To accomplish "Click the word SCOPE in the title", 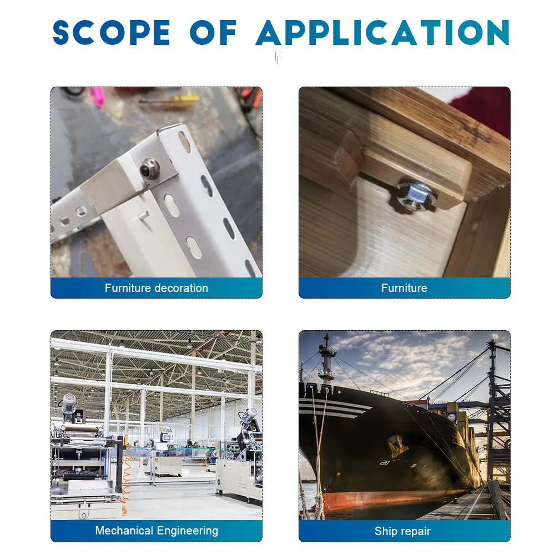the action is pyautogui.click(x=112, y=33).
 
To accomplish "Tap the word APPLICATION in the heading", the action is pyautogui.click(x=382, y=33).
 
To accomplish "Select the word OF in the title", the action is pyautogui.click(x=213, y=33).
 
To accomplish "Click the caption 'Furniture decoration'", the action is pyautogui.click(x=157, y=287).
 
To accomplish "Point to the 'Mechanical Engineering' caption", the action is pyautogui.click(x=157, y=531).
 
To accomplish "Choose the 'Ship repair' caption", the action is pyautogui.click(x=402, y=531).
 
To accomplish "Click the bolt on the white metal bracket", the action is pyautogui.click(x=149, y=168).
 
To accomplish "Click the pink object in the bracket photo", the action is pyautogui.click(x=97, y=97).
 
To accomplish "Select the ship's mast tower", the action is pyautogui.click(x=326, y=359).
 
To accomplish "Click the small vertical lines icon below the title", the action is pyautogui.click(x=278, y=58).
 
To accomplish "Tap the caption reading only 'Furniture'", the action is pyautogui.click(x=404, y=287).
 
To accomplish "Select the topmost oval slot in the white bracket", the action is pyautogui.click(x=184, y=142).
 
